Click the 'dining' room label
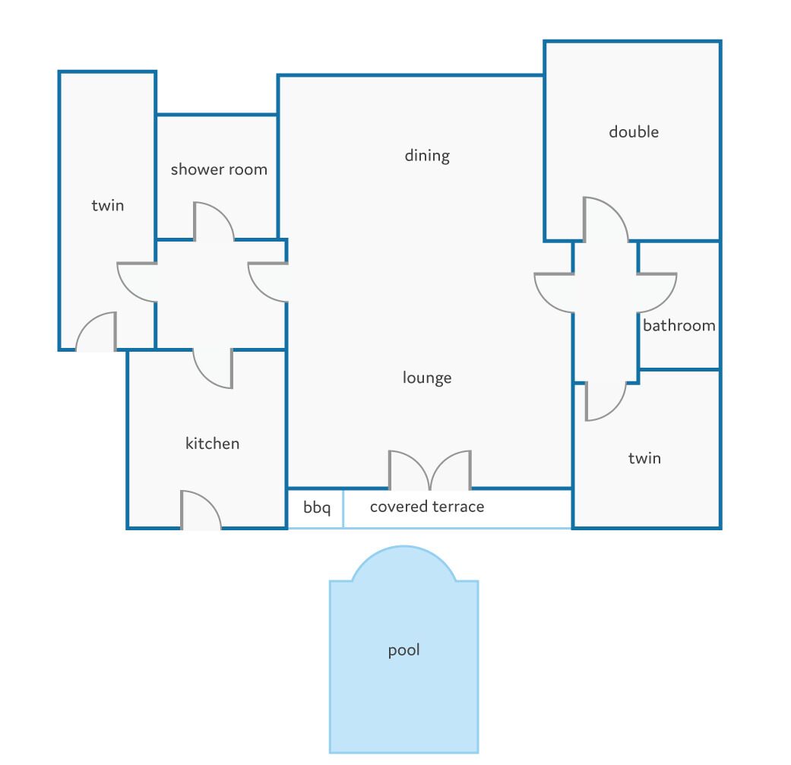[x=427, y=155]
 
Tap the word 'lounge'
[x=427, y=378]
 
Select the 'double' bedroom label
[x=634, y=131]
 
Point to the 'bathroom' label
[x=679, y=325]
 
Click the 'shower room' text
[x=219, y=169]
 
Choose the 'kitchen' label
[x=213, y=443]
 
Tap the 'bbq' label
[x=317, y=507]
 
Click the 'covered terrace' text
[x=427, y=506]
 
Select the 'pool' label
[x=403, y=650]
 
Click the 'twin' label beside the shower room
[x=107, y=205]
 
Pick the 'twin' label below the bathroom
[x=644, y=458]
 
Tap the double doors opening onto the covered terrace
[x=430, y=470]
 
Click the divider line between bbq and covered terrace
[x=343, y=508]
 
